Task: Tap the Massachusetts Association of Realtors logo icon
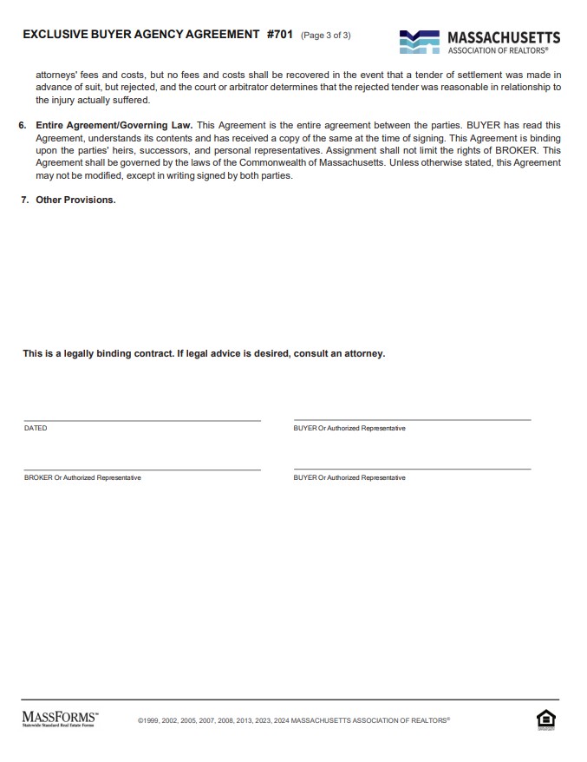click(x=419, y=41)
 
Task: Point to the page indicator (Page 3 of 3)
click(x=325, y=36)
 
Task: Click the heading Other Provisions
click(x=75, y=200)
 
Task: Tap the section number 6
click(x=23, y=126)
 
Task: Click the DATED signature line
click(x=142, y=419)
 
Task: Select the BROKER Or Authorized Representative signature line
click(x=142, y=469)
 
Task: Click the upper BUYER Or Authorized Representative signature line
click(x=412, y=419)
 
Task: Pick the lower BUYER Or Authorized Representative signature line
click(x=412, y=469)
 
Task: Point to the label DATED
click(x=36, y=429)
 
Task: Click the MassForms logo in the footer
click(x=60, y=719)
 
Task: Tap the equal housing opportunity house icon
click(x=545, y=719)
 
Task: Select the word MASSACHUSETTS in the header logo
click(x=503, y=37)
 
